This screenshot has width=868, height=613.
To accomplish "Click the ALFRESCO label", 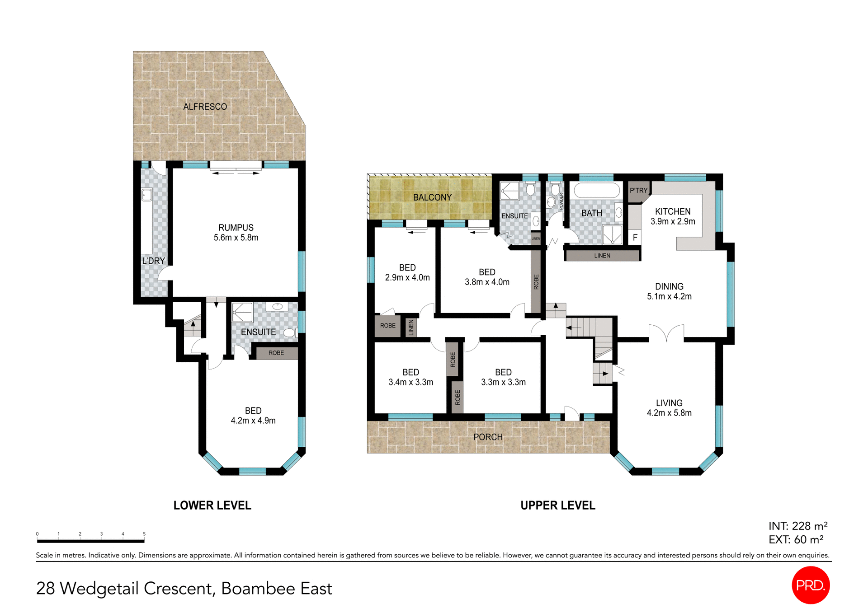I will point(205,107).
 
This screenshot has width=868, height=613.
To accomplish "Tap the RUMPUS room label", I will point(236,232).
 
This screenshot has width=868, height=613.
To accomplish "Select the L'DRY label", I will point(153,261).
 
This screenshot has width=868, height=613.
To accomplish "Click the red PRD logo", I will point(811,585).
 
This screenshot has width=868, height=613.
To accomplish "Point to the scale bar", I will point(90,540).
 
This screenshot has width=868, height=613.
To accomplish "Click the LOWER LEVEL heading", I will point(212,505).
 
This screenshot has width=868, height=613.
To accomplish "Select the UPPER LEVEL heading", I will point(557,505).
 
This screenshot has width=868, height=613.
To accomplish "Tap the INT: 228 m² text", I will point(797,526).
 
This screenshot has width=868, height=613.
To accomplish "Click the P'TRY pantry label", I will point(638,190).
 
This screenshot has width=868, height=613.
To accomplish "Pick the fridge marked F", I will point(635,237).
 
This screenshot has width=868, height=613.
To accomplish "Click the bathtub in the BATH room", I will point(596,190).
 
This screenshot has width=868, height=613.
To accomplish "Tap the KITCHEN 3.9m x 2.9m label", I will point(673,216).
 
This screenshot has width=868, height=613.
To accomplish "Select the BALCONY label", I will point(432,197).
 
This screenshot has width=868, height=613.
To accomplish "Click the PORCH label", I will point(488,437).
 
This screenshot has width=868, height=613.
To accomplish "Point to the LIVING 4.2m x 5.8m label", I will point(669,407).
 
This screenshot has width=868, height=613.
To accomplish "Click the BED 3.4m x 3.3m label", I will point(410,377).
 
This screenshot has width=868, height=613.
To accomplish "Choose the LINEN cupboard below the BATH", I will point(602,256).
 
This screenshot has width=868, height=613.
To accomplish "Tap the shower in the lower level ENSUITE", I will point(242,312).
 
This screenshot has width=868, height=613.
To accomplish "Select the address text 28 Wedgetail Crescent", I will point(184,588).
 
